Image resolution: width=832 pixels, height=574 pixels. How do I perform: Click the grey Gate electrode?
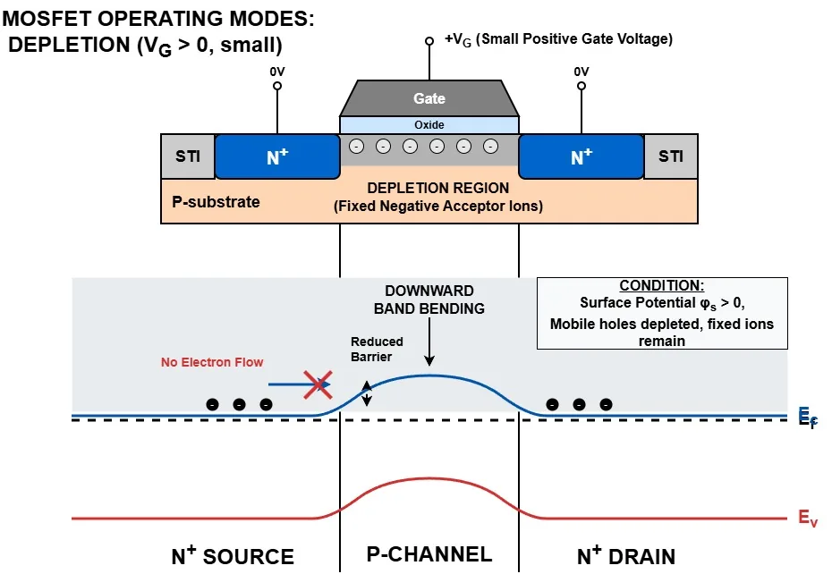pos(429,98)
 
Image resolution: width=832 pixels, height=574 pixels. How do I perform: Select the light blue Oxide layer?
pos(429,125)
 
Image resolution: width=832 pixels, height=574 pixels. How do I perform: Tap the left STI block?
pos(188,156)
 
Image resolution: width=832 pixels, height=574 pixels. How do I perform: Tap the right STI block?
pos(670,156)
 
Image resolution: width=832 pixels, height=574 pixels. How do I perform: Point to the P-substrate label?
pos(216,202)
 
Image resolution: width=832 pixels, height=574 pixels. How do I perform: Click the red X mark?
pos(319,385)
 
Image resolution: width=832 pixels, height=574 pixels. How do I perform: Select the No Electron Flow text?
pos(212,362)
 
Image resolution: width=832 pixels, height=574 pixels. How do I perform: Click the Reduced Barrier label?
pos(377,349)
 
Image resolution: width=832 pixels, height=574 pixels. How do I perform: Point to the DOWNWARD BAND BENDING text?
pos(429,300)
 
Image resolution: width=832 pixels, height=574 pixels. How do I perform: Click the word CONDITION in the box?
pos(662,286)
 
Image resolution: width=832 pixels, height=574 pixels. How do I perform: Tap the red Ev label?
pos(807,518)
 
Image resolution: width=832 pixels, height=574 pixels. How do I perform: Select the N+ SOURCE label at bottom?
pos(233,556)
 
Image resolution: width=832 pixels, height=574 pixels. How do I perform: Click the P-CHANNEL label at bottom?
pos(429,554)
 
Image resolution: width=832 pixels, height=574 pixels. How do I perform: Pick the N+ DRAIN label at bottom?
pos(626,556)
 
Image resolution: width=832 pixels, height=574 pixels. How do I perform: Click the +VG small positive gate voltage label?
pos(558,39)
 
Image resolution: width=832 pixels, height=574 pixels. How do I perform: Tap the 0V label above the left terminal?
pos(277,72)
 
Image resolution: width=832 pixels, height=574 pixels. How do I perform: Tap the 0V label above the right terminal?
pos(582,72)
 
